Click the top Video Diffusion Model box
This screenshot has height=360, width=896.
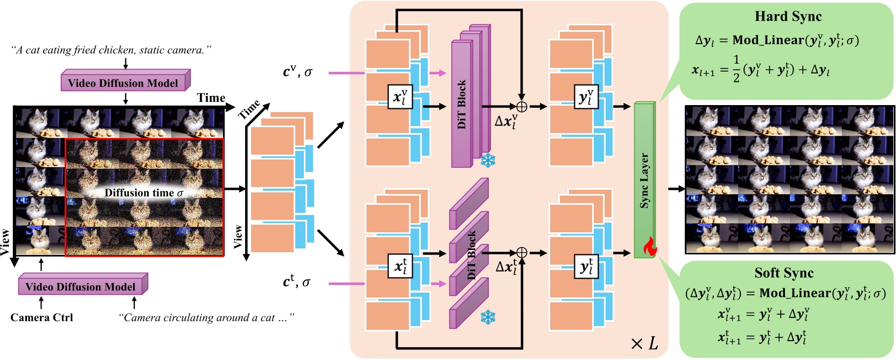click(x=123, y=83)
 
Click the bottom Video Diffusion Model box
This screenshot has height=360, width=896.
click(x=81, y=286)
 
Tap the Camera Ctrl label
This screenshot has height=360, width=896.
click(x=41, y=317)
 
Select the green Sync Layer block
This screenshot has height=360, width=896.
click(x=644, y=179)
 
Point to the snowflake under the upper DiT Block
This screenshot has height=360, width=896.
click(x=488, y=160)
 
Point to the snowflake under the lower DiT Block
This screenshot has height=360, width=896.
click(x=488, y=317)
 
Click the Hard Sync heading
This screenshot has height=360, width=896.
click(x=788, y=16)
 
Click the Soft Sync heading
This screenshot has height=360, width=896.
click(x=783, y=273)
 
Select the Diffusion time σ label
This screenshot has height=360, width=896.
click(x=143, y=193)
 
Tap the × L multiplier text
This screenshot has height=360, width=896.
click(x=644, y=343)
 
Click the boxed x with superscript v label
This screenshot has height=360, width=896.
click(x=400, y=97)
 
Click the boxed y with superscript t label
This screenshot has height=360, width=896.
click(x=586, y=266)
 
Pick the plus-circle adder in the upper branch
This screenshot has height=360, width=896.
click(x=522, y=106)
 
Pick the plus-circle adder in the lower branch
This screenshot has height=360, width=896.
click(x=522, y=253)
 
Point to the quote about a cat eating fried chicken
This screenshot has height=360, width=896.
click(x=111, y=50)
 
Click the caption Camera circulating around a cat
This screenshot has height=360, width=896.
click(x=206, y=317)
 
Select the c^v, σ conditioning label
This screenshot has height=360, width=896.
click(x=297, y=72)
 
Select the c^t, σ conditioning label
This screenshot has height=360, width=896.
click(x=296, y=282)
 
